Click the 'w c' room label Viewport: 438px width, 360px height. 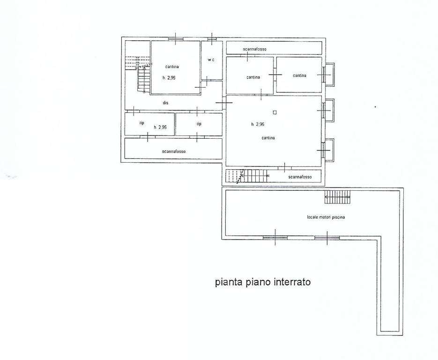[211, 60]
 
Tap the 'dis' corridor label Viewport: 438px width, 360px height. [166, 103]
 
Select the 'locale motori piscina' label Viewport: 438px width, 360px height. [326, 217]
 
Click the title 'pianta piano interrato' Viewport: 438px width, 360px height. [263, 282]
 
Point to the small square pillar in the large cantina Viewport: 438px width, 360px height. [275, 112]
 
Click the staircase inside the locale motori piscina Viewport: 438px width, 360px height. [337, 197]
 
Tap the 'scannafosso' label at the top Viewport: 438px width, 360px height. [255, 49]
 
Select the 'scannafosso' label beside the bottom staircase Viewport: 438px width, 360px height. [300, 177]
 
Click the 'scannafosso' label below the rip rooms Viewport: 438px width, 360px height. [174, 151]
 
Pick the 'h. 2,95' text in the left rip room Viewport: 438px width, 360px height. [160, 127]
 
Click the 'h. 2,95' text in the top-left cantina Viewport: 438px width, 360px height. [169, 78]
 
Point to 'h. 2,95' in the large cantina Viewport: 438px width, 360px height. [258, 124]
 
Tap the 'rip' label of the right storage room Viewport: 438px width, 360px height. [199, 124]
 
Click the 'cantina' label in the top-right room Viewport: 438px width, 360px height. [299, 75]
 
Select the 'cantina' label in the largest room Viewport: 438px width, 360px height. [268, 138]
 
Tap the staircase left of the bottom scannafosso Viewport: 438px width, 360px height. [246, 176]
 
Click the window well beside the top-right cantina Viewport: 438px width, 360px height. [329, 75]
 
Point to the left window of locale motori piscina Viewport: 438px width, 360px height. [275, 238]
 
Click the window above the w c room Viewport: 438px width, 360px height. [212, 39]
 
